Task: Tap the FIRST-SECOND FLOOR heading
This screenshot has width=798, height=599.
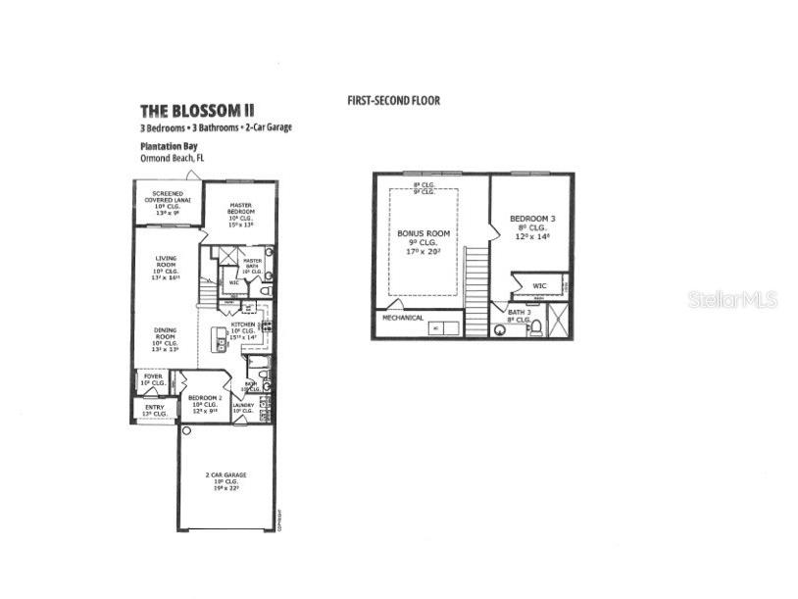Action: [393, 100]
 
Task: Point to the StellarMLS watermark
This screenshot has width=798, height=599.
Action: [732, 299]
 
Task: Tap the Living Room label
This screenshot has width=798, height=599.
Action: [165, 265]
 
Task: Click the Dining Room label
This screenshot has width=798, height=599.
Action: [165, 336]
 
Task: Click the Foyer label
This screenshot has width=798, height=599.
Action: [154, 375]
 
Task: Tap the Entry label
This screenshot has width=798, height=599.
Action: [155, 409]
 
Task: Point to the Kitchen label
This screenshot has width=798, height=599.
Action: [242, 324]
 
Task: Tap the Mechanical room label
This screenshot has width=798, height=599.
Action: [403, 318]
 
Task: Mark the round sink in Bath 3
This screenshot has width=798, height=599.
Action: [502, 330]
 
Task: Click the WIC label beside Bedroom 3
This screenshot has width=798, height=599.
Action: [540, 286]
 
